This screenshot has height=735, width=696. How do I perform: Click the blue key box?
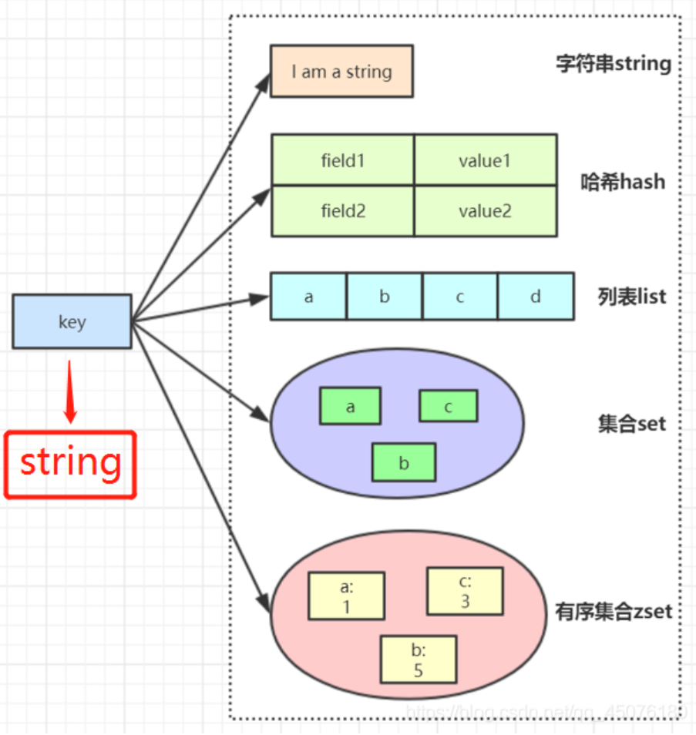point(72,321)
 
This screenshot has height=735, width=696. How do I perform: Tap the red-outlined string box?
point(71,464)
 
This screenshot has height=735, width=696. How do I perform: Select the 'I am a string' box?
point(341,71)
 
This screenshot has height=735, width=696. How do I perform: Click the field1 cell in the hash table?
point(343,160)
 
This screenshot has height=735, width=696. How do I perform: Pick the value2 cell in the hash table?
point(485,210)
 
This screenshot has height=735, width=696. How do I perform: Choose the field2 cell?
point(343,210)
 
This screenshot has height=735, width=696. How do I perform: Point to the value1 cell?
point(485,160)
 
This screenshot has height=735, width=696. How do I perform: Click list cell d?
point(536,296)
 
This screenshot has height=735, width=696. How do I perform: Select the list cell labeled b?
point(384,296)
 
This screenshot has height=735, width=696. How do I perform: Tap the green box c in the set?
point(448,406)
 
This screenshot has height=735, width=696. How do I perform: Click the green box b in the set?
point(403,462)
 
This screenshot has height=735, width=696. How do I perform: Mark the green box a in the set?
point(350,406)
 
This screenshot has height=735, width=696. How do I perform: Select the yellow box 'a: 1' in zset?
point(346,596)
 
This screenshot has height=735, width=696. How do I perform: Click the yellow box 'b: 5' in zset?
point(418,659)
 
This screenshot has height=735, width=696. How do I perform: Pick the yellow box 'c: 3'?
point(465,591)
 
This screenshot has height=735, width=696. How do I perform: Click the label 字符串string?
point(613,63)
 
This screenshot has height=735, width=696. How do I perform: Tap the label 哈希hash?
point(622,183)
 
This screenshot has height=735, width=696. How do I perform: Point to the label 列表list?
point(631,296)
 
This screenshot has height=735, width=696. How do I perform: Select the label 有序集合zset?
point(614,612)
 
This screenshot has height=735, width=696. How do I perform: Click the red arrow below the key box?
point(70,391)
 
